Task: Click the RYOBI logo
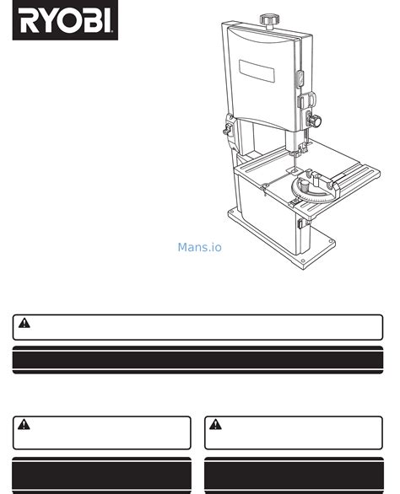tap(65, 20)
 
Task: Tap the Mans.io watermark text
tap(200, 247)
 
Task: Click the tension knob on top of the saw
tap(269, 20)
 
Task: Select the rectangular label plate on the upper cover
tap(257, 71)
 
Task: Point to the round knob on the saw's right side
tap(314, 121)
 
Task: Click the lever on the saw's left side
tap(228, 129)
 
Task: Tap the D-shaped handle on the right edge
tap(305, 101)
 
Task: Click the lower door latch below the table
tap(300, 223)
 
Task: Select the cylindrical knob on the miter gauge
tap(305, 185)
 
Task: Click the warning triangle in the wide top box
tap(24, 323)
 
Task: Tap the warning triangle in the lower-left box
tap(24, 425)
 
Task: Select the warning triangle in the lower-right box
tap(215, 425)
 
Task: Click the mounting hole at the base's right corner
tap(331, 242)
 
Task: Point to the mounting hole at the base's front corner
tap(303, 260)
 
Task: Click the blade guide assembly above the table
tap(298, 149)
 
